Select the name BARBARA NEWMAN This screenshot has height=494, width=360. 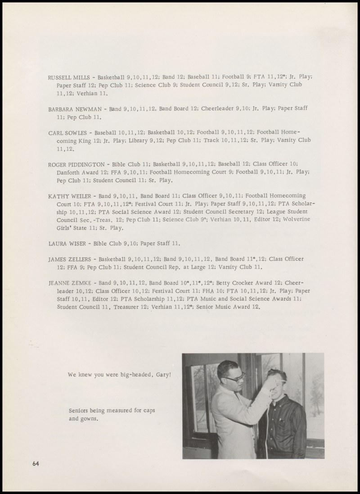pos(72,109)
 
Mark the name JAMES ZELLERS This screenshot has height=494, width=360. pos(69,259)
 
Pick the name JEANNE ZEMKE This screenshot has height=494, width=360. pos(68,283)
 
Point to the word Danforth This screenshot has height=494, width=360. pos(68,172)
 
